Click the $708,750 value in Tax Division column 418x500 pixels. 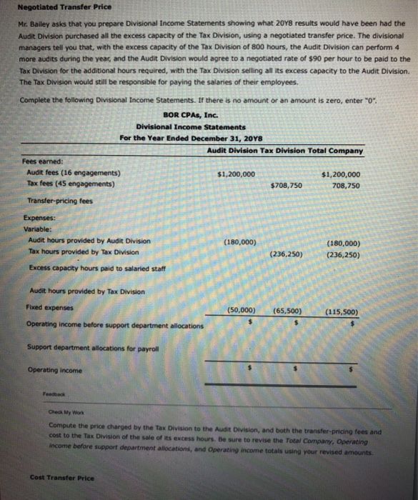[x=287, y=185]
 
